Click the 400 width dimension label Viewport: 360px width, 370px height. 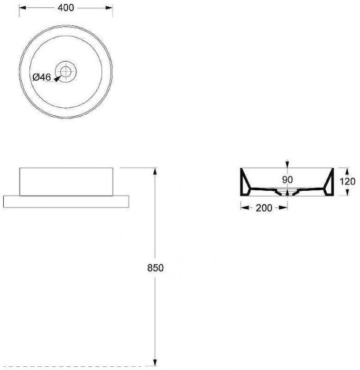(66, 7)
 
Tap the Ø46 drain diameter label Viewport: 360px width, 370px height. (42, 77)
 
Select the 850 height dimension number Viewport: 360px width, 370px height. (155, 268)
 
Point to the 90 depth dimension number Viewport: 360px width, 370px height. (287, 180)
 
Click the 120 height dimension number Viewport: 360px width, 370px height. (347, 181)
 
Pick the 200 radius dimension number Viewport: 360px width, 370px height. (264, 208)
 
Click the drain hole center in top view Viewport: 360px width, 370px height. (66, 71)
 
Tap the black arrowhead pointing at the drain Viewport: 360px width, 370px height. (58, 79)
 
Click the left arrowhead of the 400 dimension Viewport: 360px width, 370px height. (22, 8)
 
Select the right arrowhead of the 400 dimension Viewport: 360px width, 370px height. (109, 8)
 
